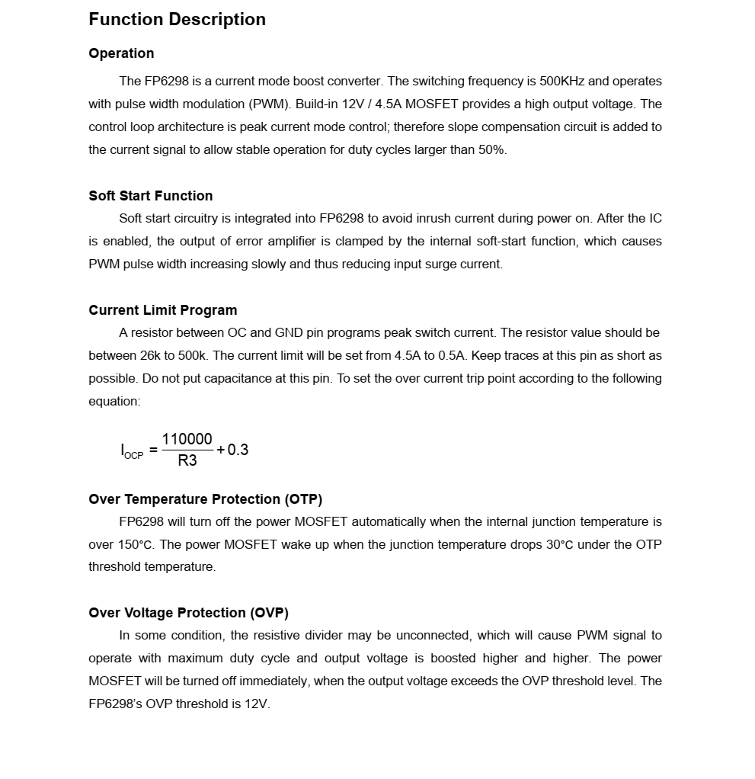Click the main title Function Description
coord(177,20)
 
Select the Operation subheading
coord(121,53)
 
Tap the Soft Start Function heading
coord(150,196)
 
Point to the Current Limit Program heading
coord(162,310)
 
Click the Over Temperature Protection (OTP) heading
coord(205,499)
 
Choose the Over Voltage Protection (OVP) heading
coord(188,613)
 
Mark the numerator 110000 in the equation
coord(187,440)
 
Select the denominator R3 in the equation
coord(187,460)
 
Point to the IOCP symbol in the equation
coord(131,450)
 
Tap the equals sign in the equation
coord(153,450)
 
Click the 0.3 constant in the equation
coord(238,450)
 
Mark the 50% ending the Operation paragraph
coord(491,150)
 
